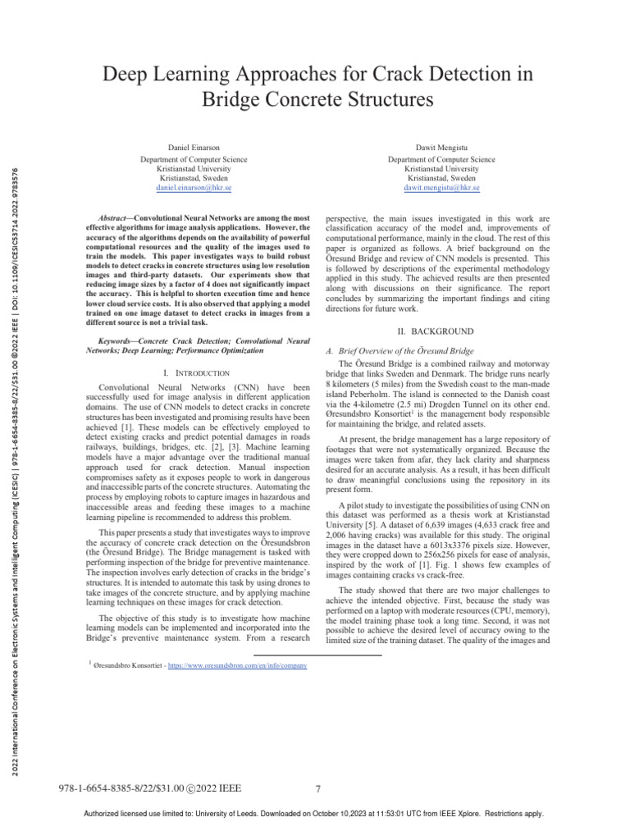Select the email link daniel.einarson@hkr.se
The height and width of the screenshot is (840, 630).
194,188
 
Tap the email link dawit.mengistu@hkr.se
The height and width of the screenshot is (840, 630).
441,188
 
